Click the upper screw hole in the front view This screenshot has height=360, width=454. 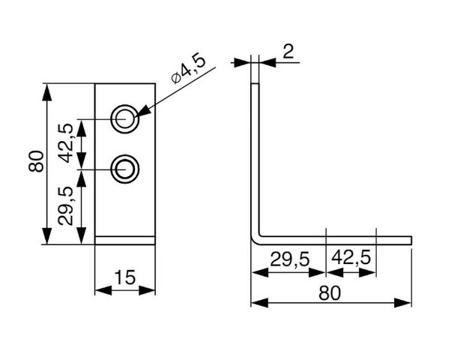(124, 118)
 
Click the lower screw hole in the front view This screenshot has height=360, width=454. (124, 169)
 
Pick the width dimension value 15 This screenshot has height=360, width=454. (124, 278)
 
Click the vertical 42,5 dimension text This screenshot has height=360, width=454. (66, 142)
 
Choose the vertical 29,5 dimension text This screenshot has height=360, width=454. (66, 207)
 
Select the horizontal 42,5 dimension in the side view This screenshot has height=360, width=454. (351, 259)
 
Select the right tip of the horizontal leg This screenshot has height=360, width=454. (411, 240)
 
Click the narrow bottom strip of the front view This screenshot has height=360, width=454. (124, 240)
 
